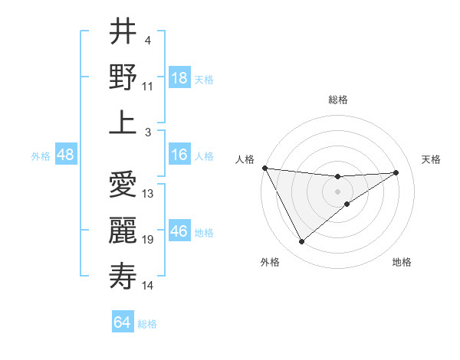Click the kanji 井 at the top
pos(123,31)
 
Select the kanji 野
pos(123,77)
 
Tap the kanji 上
pos(123,122)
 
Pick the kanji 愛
pos(123,185)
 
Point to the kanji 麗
pos(123,231)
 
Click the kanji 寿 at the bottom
pos(123,276)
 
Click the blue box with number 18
pos(179,77)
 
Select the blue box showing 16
pos(179,155)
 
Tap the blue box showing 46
pos(179,231)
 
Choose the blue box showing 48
pos(65,155)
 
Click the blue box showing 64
pos(123,322)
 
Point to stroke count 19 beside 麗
pos(148,241)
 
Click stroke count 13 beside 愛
pos(148,194)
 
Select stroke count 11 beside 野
pos(148,86)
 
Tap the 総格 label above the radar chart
pos(338,100)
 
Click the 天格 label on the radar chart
pos(432,159)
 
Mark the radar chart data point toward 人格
pos(265,167)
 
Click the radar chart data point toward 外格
pos(301,242)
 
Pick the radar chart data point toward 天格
pos(396,172)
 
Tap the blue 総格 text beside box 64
pos(147,324)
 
